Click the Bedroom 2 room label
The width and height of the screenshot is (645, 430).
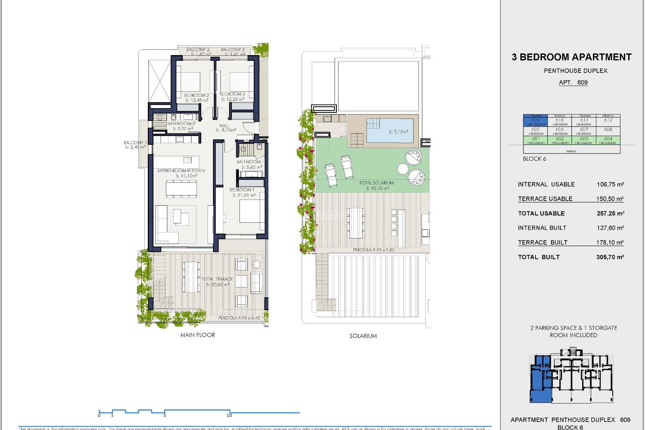click(x=197, y=95)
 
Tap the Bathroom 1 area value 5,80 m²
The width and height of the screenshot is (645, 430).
click(x=252, y=167)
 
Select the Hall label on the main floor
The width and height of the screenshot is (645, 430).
click(x=224, y=126)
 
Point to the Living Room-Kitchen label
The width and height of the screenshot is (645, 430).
click(x=181, y=171)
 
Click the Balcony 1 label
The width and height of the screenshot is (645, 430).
click(x=135, y=142)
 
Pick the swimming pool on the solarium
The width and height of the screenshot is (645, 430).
click(x=390, y=130)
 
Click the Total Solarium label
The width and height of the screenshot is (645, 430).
click(x=376, y=183)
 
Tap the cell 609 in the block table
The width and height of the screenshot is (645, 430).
click(x=535, y=121)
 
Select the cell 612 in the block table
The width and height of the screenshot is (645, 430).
click(x=608, y=121)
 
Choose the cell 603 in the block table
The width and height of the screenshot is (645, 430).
click(x=584, y=139)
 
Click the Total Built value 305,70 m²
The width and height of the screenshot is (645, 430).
click(x=610, y=257)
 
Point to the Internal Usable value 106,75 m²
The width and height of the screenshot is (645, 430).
click(x=610, y=184)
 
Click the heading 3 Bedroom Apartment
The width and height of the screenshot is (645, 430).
click(x=571, y=57)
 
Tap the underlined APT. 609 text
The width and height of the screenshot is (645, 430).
click(x=573, y=83)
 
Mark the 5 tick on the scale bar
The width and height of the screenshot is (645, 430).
click(x=165, y=415)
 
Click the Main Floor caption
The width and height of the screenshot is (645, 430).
click(x=198, y=335)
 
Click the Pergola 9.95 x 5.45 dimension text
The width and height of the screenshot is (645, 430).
click(x=239, y=318)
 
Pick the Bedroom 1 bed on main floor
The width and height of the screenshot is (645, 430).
click(x=252, y=211)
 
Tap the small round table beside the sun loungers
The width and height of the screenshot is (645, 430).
click(x=402, y=169)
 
